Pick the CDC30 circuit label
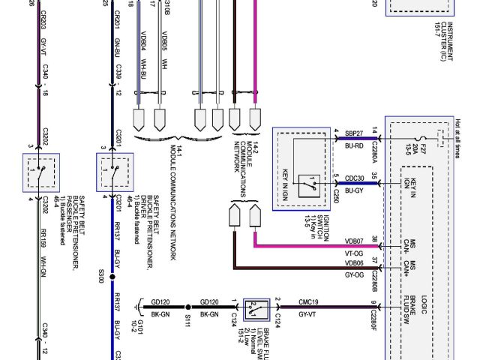click(355, 178)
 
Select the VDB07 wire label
click(354, 241)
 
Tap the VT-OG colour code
click(354, 254)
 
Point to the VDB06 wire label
click(354, 263)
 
